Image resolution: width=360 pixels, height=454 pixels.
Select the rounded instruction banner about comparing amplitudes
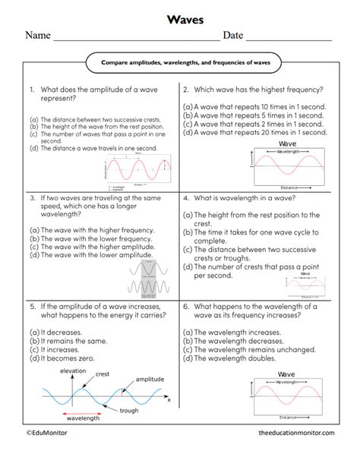coord(179,61)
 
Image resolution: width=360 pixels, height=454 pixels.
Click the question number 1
coord(33,89)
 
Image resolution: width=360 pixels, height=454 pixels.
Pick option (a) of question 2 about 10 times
coord(255,106)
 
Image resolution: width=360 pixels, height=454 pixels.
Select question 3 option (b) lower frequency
coord(91,238)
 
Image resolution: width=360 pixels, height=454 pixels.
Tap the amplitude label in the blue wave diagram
coord(149,380)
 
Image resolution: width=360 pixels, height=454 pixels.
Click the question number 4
coord(186,195)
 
